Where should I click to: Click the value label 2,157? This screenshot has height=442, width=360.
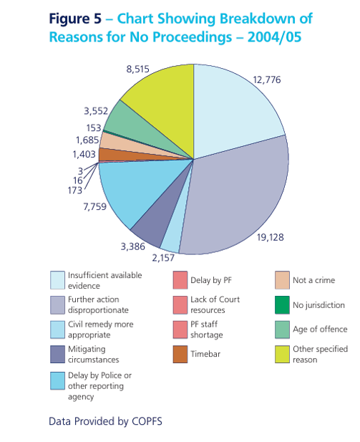click(163, 258)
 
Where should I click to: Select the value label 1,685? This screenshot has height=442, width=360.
click(87, 140)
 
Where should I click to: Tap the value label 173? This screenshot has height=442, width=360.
click(75, 191)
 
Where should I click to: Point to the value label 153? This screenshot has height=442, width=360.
click(94, 128)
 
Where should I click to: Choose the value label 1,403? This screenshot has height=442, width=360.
click(84, 154)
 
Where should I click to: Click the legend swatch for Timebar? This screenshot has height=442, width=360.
click(180, 355)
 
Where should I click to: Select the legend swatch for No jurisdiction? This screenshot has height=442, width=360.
click(282, 305)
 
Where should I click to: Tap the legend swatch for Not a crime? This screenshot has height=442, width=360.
click(282, 280)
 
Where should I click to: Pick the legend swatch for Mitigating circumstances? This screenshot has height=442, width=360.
click(57, 355)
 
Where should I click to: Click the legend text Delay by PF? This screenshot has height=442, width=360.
click(211, 280)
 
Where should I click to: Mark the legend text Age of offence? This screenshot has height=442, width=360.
click(320, 330)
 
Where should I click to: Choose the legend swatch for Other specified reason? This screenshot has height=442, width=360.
click(282, 355)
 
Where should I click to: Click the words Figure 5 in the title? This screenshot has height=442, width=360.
click(75, 19)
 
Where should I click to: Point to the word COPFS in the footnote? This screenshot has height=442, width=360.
click(147, 421)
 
